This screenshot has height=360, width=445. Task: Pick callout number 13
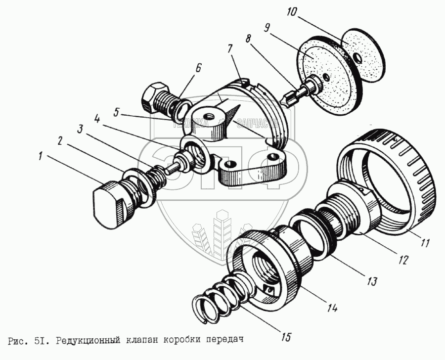coord(371,281)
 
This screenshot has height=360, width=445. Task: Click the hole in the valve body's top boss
coord(210,116)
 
